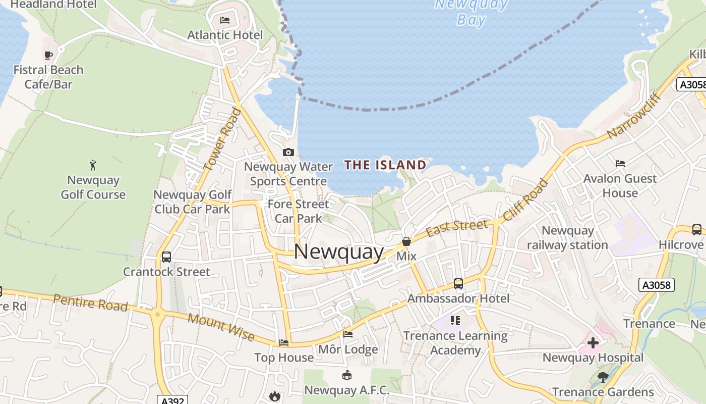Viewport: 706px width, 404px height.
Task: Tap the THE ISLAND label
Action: (385, 165)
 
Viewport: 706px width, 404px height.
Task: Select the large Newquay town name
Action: (339, 251)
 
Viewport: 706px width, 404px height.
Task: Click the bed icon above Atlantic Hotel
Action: (225, 20)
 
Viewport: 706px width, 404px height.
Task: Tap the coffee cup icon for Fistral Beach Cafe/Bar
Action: (48, 55)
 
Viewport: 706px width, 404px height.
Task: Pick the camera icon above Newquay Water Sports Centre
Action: (288, 152)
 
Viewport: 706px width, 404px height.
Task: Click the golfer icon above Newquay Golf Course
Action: (93, 165)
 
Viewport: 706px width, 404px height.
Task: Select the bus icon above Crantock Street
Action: (166, 257)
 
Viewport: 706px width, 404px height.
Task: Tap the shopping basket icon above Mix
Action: (406, 241)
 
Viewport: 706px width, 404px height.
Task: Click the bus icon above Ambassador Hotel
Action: (458, 284)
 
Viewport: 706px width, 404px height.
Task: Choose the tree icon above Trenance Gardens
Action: (603, 377)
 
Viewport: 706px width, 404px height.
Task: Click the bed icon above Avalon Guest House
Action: (620, 163)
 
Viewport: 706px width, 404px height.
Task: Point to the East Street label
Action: (457, 228)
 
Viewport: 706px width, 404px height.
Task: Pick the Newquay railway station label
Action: (567, 238)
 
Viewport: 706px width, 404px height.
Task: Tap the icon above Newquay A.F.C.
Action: (347, 375)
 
